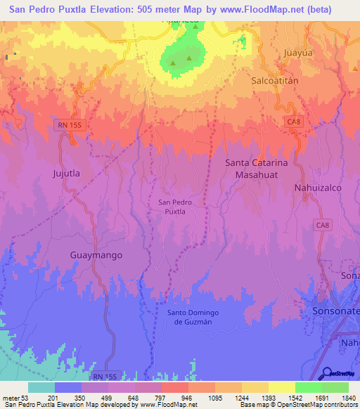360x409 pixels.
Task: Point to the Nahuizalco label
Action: point(316,188)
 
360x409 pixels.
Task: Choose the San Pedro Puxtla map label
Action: point(169,207)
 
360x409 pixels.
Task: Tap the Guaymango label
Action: point(96,255)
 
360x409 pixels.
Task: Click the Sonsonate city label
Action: point(335,310)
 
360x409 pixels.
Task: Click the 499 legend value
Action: point(105,398)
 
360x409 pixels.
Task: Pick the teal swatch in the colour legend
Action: point(41,387)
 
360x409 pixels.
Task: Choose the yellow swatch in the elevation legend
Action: point(281,387)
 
